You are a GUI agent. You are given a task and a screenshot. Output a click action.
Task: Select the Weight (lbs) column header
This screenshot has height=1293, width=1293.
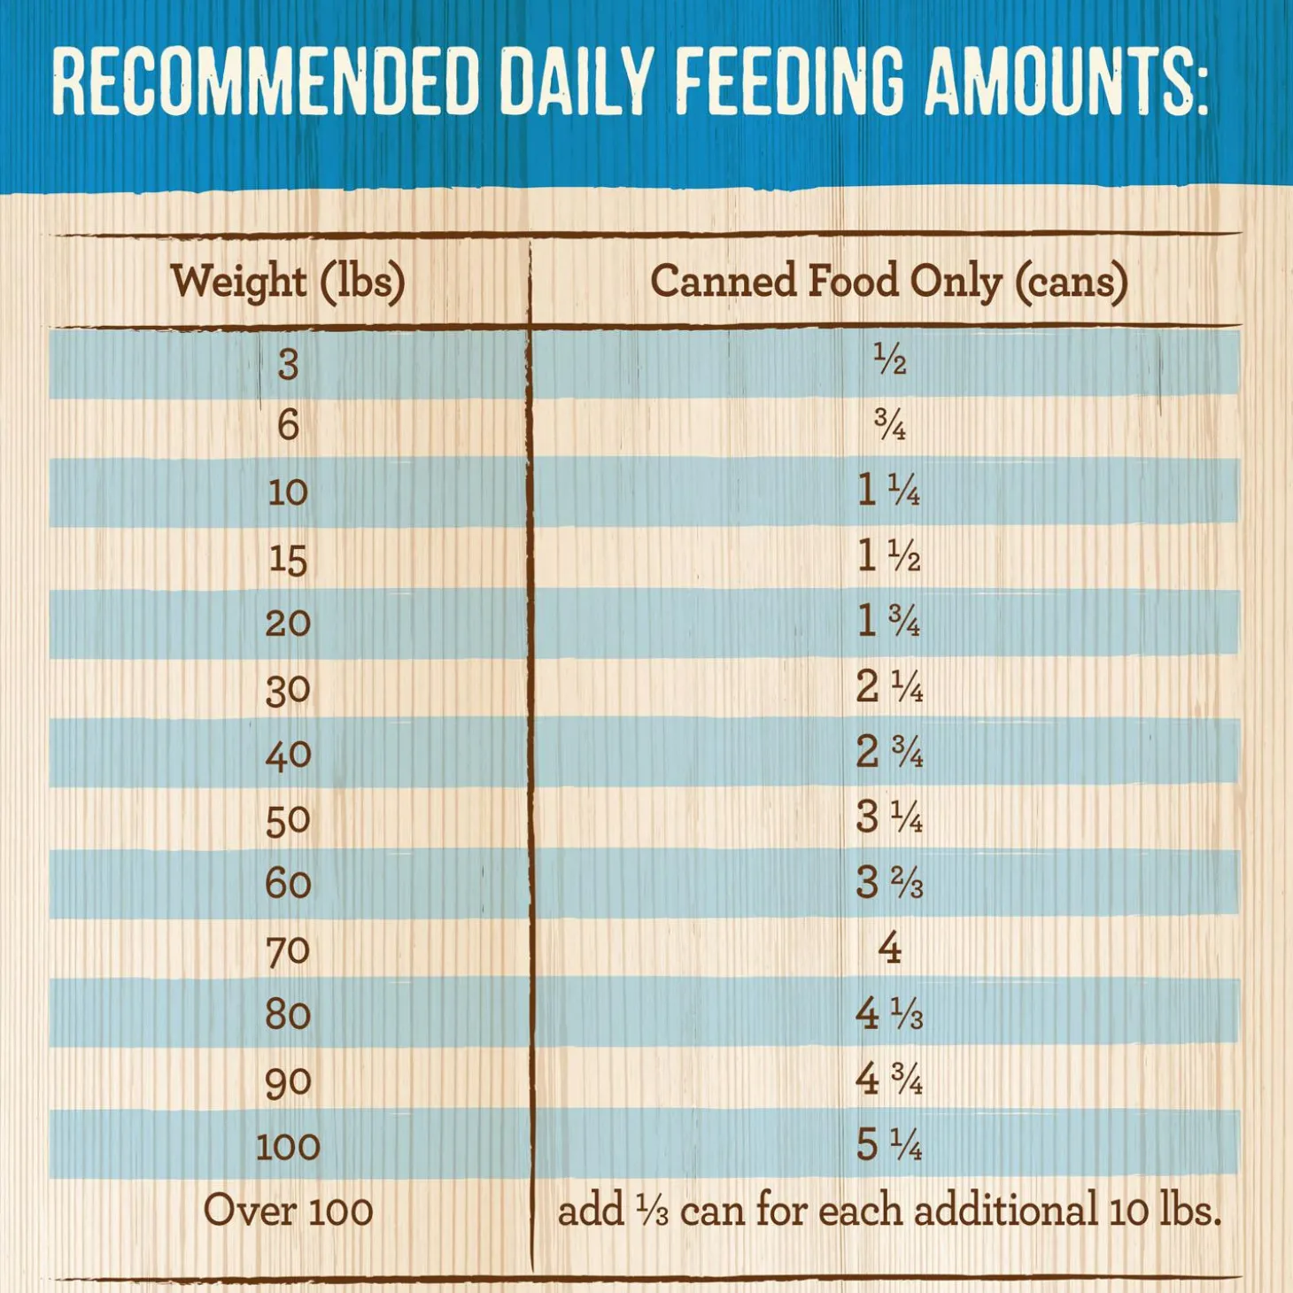click(x=288, y=282)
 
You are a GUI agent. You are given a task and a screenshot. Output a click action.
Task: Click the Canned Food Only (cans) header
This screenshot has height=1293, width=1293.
click(x=888, y=282)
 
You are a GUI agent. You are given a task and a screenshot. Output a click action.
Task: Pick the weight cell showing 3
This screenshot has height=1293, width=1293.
click(x=288, y=364)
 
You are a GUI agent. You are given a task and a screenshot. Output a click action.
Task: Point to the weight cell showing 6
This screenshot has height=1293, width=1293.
click(x=288, y=426)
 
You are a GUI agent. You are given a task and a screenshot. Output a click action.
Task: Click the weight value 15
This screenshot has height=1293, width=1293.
click(x=288, y=559)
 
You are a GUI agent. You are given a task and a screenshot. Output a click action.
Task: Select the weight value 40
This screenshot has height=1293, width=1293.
click(x=288, y=755)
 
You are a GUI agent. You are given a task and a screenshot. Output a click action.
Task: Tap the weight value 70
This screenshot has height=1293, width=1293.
click(x=288, y=950)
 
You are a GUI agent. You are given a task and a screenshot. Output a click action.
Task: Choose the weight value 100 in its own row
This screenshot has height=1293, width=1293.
click(x=288, y=1147)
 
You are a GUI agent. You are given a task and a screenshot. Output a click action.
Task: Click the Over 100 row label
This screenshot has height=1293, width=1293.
click(x=288, y=1211)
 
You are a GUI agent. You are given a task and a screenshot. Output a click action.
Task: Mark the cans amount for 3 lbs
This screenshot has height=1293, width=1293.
click(x=889, y=360)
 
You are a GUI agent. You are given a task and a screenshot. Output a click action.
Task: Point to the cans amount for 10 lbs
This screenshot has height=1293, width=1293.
click(x=888, y=490)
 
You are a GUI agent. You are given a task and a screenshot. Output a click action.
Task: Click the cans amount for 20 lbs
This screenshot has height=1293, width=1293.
click(x=888, y=621)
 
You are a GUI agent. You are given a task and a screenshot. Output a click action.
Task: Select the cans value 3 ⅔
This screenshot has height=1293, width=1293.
click(x=888, y=883)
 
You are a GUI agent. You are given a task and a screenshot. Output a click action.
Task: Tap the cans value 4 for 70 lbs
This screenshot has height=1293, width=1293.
click(x=889, y=948)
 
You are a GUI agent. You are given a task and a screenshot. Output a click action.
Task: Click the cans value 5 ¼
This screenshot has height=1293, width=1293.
click(x=888, y=1145)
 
